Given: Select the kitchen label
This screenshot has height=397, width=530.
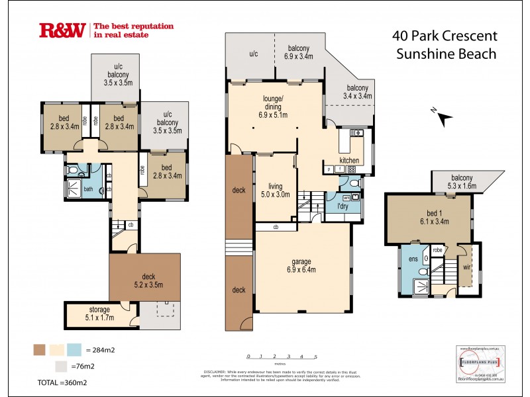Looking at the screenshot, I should pyautogui.click(x=349, y=161).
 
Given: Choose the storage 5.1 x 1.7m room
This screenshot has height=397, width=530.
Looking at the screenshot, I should pyautogui.click(x=99, y=314).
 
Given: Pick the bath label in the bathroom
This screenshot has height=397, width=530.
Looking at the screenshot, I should pyautogui.click(x=87, y=189).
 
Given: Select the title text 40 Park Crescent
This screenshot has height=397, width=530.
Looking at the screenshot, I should pyautogui.click(x=445, y=36).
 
